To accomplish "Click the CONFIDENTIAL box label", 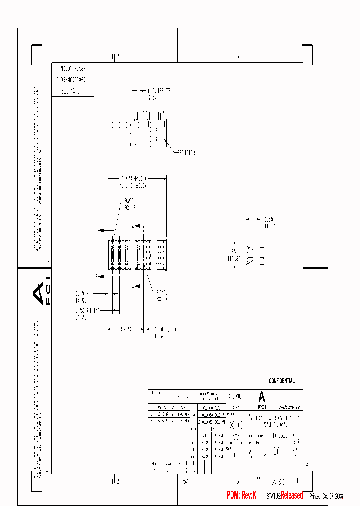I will point(282,381).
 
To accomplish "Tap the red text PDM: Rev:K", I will point(241,495).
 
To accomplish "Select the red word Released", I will point(291,495).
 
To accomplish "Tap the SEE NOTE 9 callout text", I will point(185,153).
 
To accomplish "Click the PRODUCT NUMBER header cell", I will point(72,68).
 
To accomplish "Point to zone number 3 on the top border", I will point(238,56).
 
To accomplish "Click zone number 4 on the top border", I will point(298,55).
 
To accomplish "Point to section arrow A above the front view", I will point(133,226).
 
